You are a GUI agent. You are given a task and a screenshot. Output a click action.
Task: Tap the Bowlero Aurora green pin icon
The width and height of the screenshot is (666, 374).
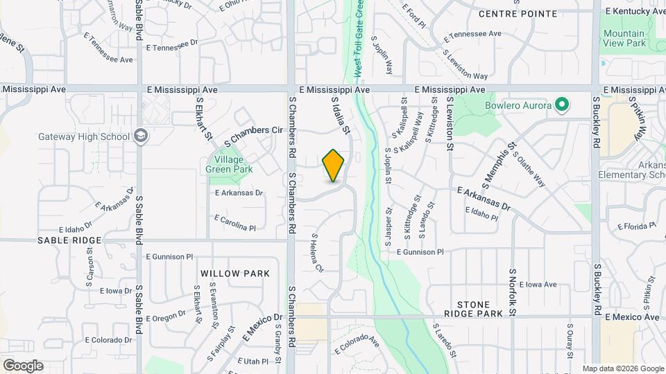click(563, 105)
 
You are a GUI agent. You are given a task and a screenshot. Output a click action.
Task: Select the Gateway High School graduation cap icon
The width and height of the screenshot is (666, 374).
click(142, 136)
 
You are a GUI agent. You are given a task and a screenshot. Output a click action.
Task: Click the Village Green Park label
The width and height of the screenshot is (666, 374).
click(229, 163)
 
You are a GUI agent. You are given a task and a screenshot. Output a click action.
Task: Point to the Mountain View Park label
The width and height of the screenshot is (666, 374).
click(624, 38)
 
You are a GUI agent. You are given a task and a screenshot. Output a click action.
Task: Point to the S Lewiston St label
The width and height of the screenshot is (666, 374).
click(450, 123)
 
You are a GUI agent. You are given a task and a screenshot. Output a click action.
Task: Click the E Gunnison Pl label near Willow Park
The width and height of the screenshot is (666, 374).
click(169, 256)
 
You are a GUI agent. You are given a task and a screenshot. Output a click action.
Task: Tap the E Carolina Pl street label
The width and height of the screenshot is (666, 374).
click(235, 222)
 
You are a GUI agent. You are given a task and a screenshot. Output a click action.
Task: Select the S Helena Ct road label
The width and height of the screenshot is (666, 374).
click(317, 252)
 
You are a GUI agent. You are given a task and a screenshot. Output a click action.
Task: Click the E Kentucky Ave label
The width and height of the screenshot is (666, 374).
click(635, 11)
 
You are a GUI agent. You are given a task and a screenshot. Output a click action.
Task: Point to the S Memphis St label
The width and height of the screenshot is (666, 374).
click(500, 166)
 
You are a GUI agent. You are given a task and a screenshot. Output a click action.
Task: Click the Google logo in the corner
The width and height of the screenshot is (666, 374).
click(23, 366)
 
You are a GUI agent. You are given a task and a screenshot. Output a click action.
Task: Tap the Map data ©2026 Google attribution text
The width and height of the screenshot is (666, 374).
click(622, 368)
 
